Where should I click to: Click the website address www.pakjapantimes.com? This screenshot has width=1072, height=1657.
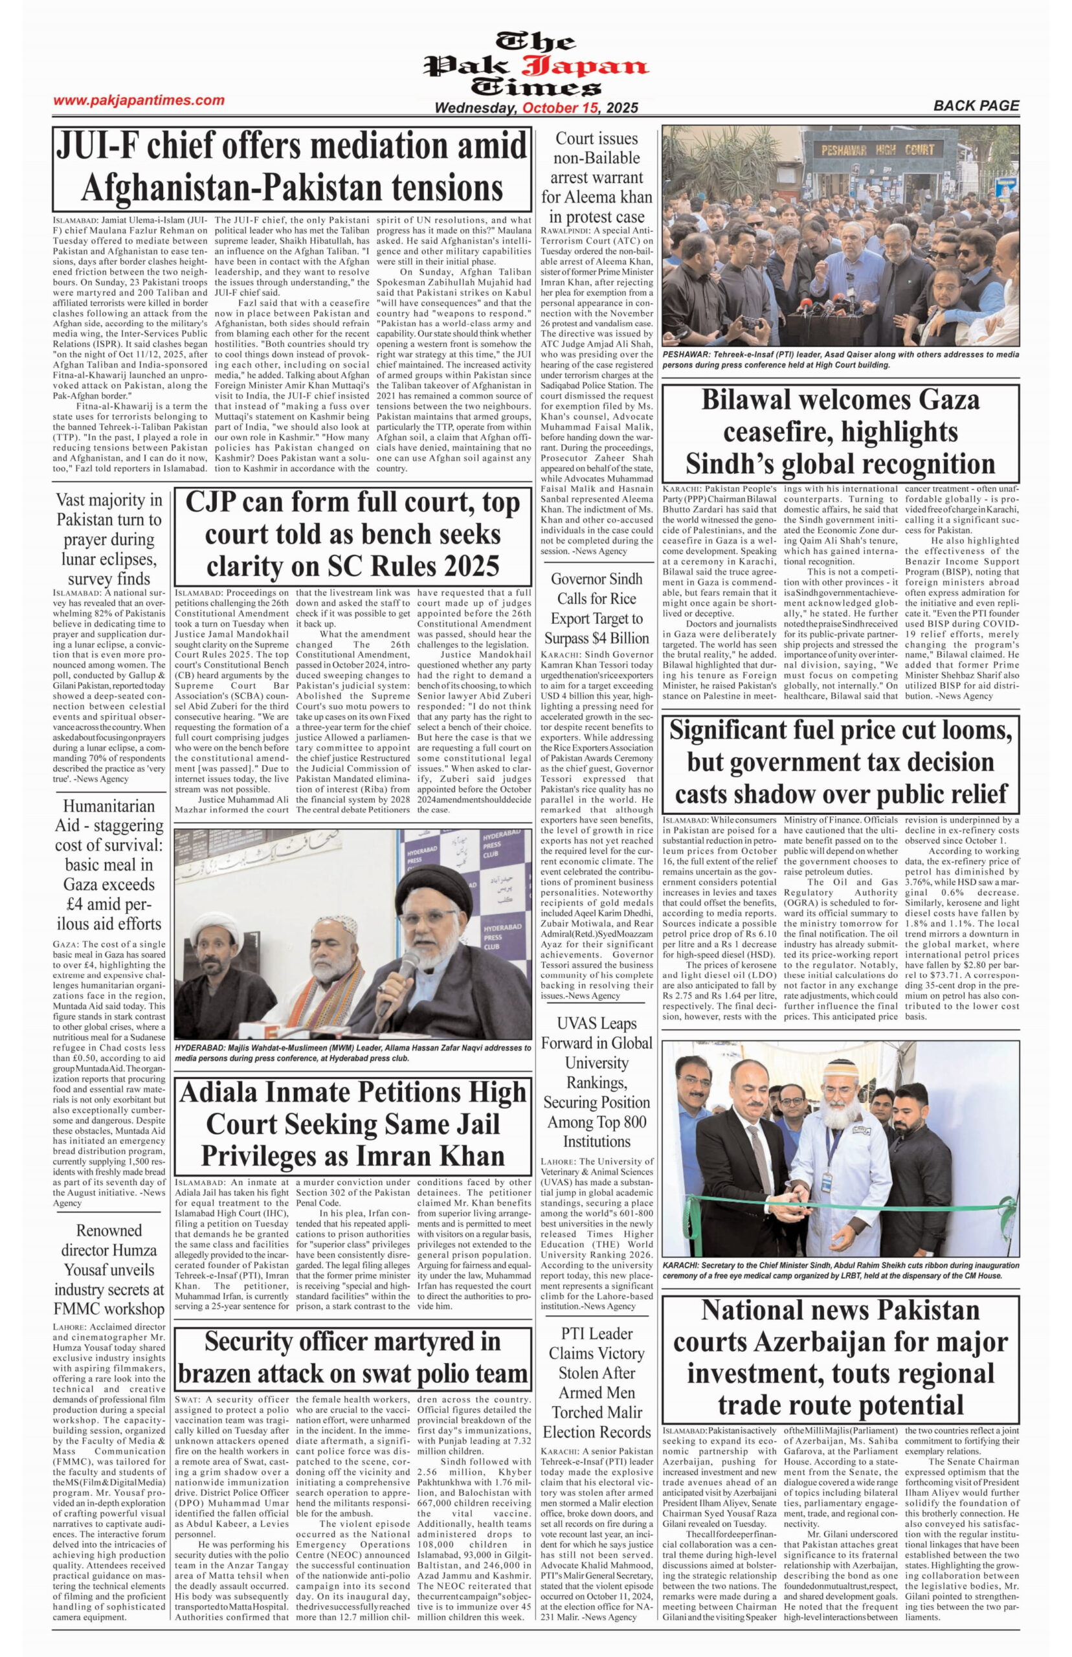139,100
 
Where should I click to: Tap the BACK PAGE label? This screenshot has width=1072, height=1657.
976,106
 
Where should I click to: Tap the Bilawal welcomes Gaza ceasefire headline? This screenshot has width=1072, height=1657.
841,432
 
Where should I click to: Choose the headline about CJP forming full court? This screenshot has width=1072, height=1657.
352,535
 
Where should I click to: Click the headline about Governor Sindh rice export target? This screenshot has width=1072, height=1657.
597,608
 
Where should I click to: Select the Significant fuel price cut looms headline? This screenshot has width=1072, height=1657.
841,762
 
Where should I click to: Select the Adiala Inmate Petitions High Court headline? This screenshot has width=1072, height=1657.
352,1124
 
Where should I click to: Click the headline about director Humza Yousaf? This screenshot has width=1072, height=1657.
109,1270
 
